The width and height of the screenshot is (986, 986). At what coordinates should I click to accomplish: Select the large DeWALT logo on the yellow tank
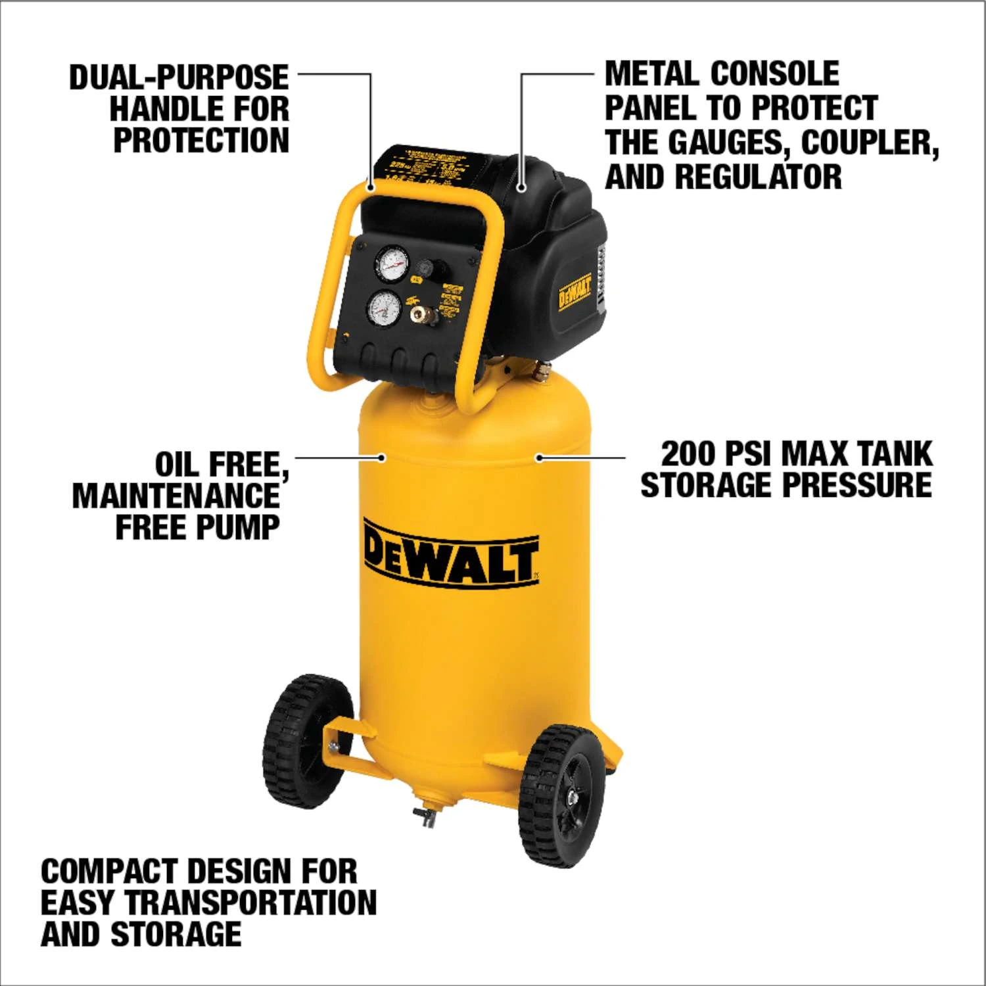pyautogui.click(x=451, y=552)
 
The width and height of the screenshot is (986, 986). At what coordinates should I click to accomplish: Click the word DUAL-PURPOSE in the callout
pyautogui.click(x=179, y=78)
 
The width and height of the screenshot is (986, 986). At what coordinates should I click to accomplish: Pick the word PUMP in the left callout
pyautogui.click(x=243, y=528)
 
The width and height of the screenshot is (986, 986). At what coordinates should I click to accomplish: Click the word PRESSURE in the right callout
pyautogui.click(x=857, y=485)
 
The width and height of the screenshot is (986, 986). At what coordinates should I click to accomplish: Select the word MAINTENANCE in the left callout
pyautogui.click(x=176, y=496)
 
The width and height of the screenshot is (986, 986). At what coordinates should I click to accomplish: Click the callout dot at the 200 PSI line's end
pyautogui.click(x=538, y=457)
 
